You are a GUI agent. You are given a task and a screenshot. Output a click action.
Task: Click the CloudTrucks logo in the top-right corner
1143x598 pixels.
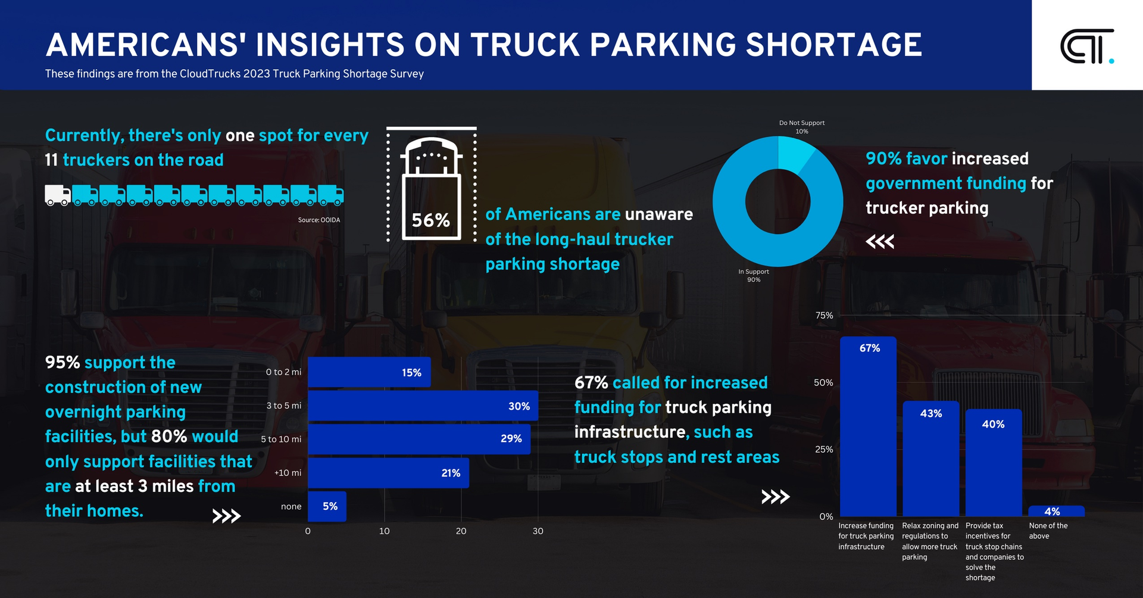tap(1086, 46)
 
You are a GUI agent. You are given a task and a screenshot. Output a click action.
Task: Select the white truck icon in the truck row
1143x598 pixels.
tap(58, 195)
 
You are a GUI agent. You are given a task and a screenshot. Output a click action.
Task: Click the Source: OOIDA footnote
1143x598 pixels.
tap(318, 220)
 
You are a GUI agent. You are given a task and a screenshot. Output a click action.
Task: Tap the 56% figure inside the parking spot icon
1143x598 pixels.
tap(430, 220)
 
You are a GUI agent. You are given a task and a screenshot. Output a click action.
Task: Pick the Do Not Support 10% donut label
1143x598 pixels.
tap(801, 127)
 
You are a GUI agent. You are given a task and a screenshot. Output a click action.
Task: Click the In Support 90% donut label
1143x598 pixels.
tap(754, 275)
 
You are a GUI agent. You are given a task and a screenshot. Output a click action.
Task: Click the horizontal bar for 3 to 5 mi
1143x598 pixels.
tap(423, 406)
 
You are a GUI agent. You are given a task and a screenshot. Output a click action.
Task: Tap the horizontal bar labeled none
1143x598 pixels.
tap(326, 506)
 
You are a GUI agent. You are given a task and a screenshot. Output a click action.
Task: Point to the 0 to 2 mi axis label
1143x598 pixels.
tap(283, 372)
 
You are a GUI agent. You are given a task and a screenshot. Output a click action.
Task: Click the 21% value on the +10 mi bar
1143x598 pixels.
tap(451, 473)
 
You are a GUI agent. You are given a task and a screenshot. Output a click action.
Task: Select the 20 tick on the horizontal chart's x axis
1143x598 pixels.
tap(461, 531)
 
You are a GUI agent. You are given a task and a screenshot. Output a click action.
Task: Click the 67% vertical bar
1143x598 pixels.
tap(868, 426)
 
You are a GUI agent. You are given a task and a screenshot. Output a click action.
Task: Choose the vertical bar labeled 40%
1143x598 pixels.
tap(993, 462)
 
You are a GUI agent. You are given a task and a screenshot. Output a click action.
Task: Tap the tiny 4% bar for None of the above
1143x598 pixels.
tap(1056, 512)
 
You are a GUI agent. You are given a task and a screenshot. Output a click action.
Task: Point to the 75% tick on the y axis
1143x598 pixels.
tap(824, 316)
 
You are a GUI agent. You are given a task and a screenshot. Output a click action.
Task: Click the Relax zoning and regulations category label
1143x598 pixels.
tap(930, 541)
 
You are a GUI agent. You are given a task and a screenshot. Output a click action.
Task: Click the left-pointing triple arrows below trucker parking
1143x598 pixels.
tap(880, 242)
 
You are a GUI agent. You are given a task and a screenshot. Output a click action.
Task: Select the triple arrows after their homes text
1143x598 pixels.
tap(227, 516)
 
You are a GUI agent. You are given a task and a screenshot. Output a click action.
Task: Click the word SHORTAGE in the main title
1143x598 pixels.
tap(833, 45)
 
